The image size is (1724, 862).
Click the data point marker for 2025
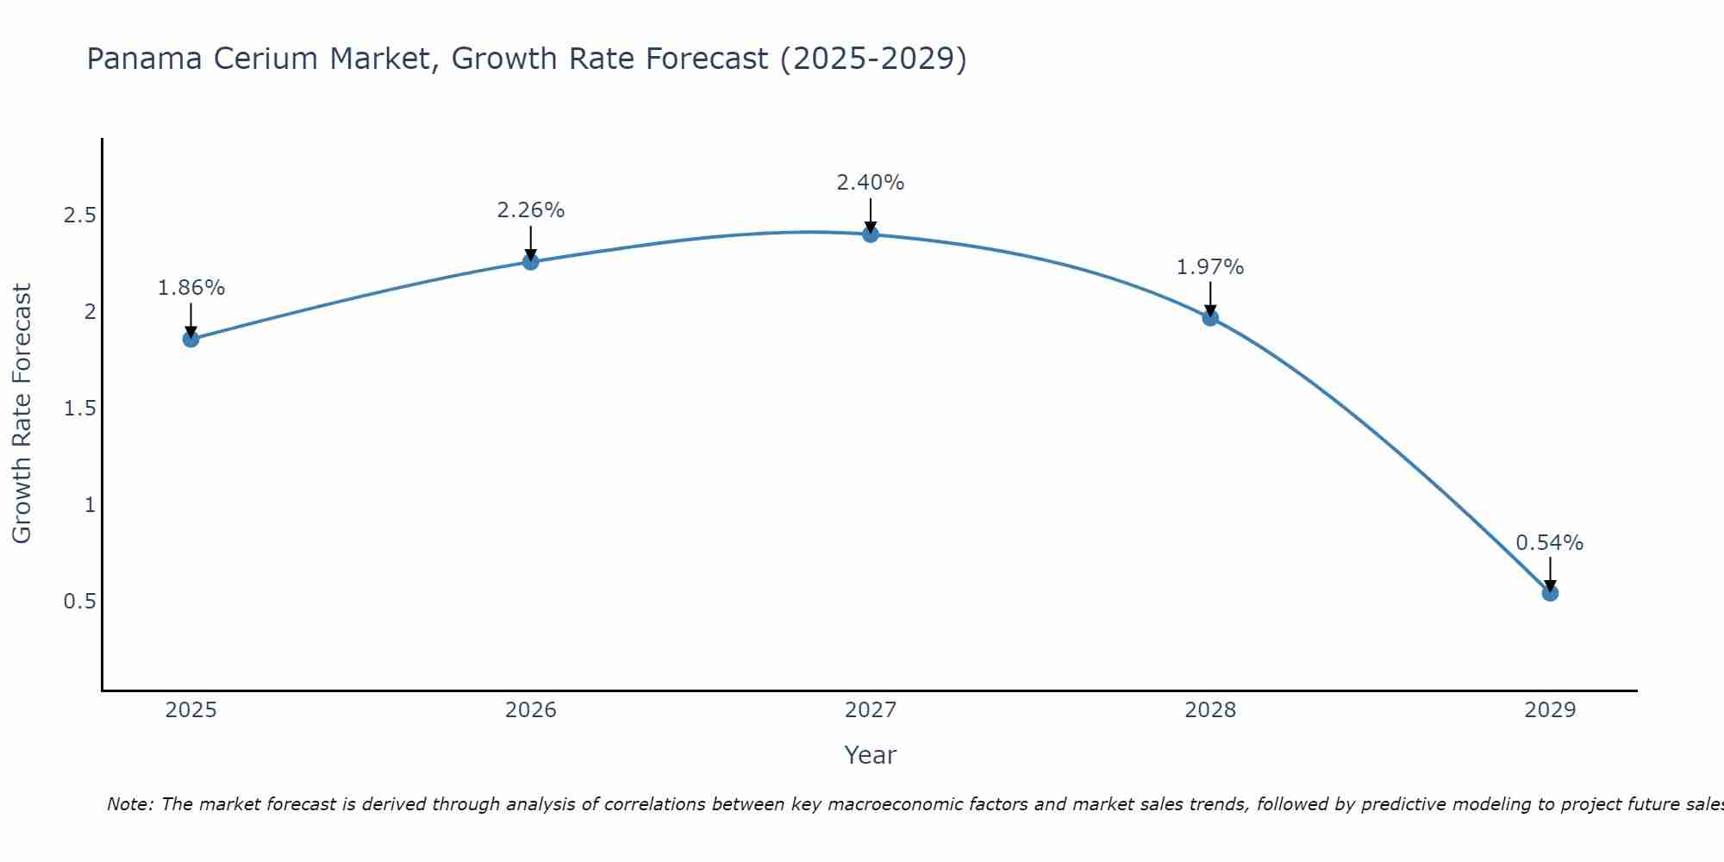pyautogui.click(x=191, y=339)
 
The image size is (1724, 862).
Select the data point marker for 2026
pyautogui.click(x=531, y=261)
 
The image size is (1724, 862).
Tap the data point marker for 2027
pyautogui.click(x=871, y=234)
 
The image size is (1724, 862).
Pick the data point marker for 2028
pyautogui.click(x=1210, y=317)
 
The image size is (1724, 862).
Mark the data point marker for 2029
pyautogui.click(x=1550, y=593)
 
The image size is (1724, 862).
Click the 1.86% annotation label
pyautogui.click(x=191, y=288)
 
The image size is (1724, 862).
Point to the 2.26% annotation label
pyautogui.click(x=531, y=210)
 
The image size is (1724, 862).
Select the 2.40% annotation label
pyautogui.click(x=871, y=183)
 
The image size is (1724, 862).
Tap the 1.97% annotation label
pyautogui.click(x=1210, y=267)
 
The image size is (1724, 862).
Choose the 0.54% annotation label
pyautogui.click(x=1550, y=543)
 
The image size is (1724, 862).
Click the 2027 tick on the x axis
pyautogui.click(x=871, y=710)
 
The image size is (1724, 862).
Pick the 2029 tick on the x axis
pyautogui.click(x=1550, y=710)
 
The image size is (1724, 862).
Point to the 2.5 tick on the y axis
pyautogui.click(x=79, y=215)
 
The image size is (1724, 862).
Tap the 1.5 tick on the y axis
pyautogui.click(x=79, y=409)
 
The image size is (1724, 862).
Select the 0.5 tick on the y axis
pyautogui.click(x=79, y=602)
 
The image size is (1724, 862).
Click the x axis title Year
pyautogui.click(x=871, y=755)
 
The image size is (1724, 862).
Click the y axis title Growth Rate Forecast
pyautogui.click(x=22, y=414)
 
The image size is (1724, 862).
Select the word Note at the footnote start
pyautogui.click(x=129, y=804)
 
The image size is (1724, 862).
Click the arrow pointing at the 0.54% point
pyautogui.click(x=1550, y=572)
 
